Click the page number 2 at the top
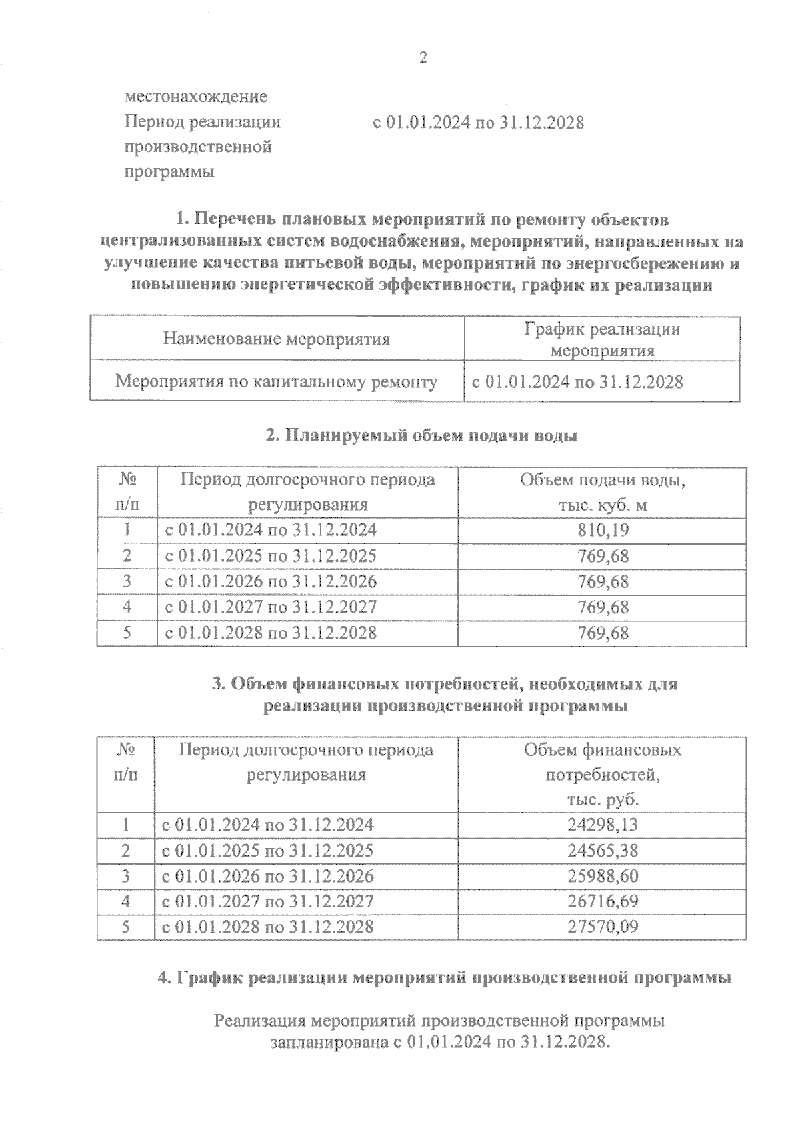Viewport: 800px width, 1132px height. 423,58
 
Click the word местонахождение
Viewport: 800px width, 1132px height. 196,97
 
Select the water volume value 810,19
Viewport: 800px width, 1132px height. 603,531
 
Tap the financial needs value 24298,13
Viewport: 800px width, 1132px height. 603,825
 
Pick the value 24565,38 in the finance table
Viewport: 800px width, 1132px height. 603,850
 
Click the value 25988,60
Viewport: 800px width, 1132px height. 603,875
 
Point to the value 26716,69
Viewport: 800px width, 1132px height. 603,901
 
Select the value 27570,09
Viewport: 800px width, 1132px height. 603,927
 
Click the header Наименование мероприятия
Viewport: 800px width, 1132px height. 277,339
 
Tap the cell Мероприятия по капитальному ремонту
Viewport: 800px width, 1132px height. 277,382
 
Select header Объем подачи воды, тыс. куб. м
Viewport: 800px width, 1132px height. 603,493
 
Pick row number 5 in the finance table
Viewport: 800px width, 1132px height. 126,927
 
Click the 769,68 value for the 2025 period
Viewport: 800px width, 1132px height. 603,556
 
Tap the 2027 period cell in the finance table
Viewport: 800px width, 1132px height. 267,901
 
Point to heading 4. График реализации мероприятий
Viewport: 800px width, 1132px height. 444,978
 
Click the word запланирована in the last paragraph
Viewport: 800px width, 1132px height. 326,1042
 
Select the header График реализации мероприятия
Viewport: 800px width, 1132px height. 603,339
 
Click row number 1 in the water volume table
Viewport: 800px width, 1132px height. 127,531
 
